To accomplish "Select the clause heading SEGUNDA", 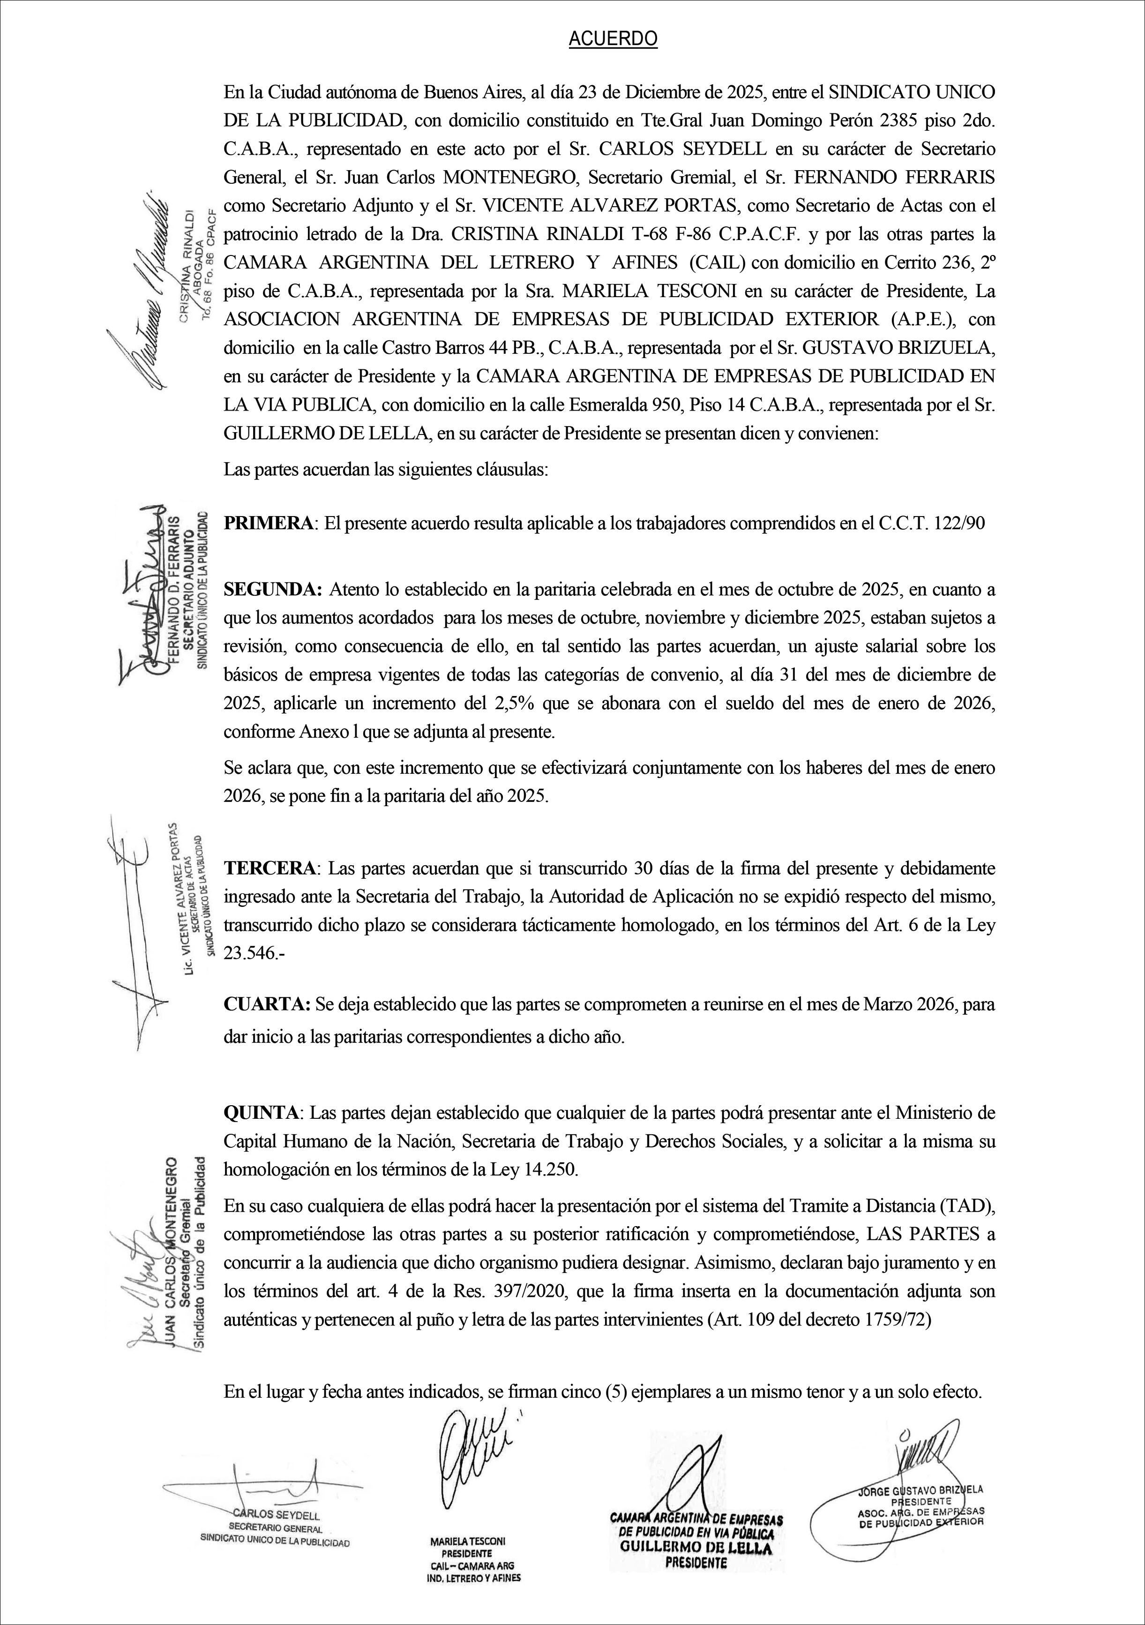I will pos(273,589).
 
